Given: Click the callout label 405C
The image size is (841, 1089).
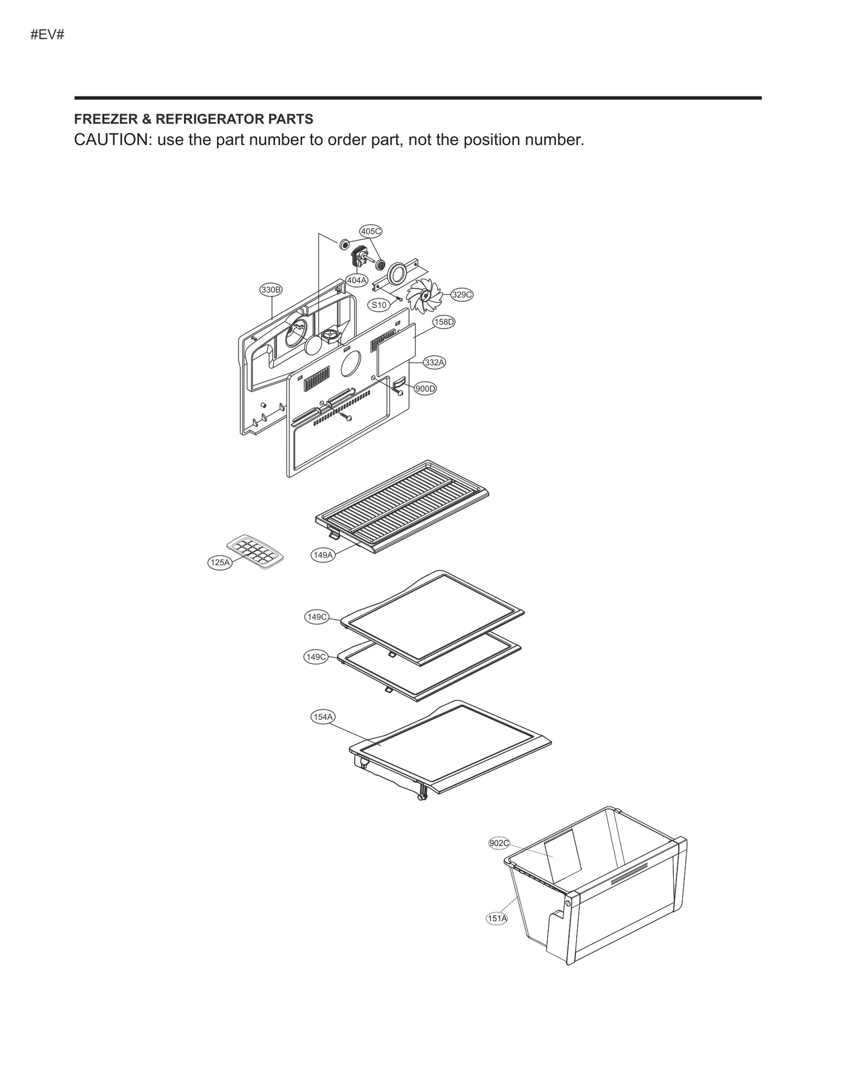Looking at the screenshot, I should point(371,231).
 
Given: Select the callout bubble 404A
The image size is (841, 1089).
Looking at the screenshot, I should point(357,280).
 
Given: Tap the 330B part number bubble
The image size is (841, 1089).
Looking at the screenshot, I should point(271,290).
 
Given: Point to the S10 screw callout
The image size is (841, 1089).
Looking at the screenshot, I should point(378,304).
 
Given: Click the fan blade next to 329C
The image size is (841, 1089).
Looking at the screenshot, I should point(425,296).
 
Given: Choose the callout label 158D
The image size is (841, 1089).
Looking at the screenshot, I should point(444,322).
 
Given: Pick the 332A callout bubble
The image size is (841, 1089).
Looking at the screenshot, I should point(435,362).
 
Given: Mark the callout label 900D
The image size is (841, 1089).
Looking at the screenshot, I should point(425,389).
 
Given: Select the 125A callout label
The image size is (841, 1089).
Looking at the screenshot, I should point(220,563).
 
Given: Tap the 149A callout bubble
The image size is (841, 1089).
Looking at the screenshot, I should point(323,555).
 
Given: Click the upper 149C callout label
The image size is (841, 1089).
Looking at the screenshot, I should point(317,617).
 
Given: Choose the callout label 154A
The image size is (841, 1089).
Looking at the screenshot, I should point(323,717).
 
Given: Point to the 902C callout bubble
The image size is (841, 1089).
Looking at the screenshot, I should point(499,843).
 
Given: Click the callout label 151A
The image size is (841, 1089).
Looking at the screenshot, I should point(497,919).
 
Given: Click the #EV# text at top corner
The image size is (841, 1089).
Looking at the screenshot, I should point(47,35).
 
